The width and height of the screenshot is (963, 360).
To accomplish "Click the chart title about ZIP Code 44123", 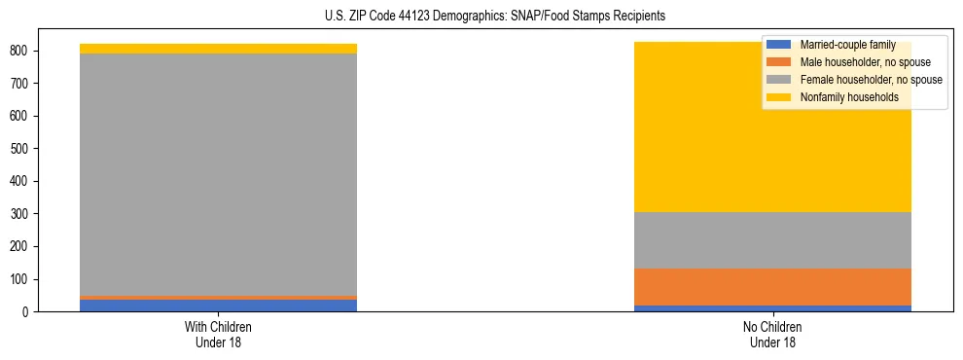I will [x=495, y=17].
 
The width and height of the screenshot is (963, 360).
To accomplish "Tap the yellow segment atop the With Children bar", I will [x=218, y=49].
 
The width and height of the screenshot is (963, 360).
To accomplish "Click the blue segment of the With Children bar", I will [x=218, y=306].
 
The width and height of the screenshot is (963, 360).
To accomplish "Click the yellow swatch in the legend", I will [x=780, y=97].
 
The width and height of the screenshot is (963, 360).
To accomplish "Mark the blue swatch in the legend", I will [x=780, y=45].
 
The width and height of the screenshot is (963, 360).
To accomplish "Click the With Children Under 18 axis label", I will [x=218, y=334].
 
